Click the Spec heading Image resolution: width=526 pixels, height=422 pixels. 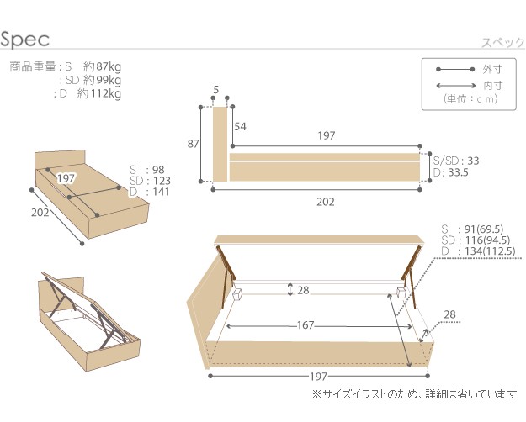pos(25,40)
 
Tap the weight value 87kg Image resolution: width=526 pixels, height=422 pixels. pos(109,67)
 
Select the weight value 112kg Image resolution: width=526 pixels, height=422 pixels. pos(106,93)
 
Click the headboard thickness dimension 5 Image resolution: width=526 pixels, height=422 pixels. pos(216,89)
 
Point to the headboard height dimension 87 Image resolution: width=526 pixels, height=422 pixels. pos(193,144)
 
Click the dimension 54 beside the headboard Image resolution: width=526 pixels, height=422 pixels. pos(240,127)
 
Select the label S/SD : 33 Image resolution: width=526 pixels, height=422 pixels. pos(456,161)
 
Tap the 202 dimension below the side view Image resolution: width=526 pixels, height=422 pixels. pos(326,202)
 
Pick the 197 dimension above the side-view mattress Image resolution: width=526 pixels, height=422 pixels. pos(327,135)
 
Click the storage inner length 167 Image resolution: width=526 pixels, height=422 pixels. pos(306,325)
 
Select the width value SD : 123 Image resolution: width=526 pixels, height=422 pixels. pos(150,181)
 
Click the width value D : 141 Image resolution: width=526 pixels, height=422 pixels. pos(150,192)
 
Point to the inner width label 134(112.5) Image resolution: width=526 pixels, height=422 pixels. pos(490,251)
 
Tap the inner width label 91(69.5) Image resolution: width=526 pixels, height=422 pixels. pos(484,229)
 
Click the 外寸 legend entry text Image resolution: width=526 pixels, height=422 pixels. pos(492,70)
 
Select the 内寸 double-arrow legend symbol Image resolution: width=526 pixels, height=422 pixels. pos(456,86)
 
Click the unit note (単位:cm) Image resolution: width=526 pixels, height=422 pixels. pos(470,99)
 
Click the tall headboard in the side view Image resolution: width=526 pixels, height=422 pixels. pos(220,144)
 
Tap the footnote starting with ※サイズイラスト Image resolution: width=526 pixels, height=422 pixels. pos(415,394)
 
